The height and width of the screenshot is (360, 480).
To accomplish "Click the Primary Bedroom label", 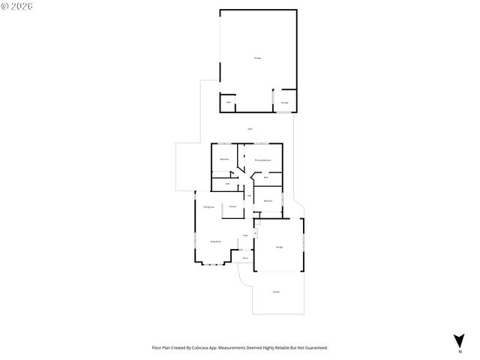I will click(x=262, y=160).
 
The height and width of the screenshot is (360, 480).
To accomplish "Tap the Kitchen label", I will click(x=233, y=206).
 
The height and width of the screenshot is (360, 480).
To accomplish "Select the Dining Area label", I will click(x=209, y=206).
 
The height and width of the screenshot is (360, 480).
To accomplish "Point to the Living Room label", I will click(x=215, y=241).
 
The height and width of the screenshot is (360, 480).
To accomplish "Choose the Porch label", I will click(x=244, y=258).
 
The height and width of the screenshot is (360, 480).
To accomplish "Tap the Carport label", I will click(x=277, y=291).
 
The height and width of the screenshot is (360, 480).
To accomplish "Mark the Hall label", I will click(x=250, y=196).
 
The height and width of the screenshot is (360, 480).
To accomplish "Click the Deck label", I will click(x=250, y=129).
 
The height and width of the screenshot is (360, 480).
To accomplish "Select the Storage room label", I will click(x=285, y=102).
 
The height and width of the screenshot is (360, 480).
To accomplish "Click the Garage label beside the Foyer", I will click(x=279, y=247).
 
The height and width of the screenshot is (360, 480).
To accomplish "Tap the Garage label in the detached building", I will click(x=257, y=57).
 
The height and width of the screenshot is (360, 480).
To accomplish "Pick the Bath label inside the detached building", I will click(x=228, y=102).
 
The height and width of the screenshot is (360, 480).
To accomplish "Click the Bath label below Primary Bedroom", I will click(x=265, y=177).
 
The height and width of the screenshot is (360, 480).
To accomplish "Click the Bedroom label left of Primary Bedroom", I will click(x=224, y=160).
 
